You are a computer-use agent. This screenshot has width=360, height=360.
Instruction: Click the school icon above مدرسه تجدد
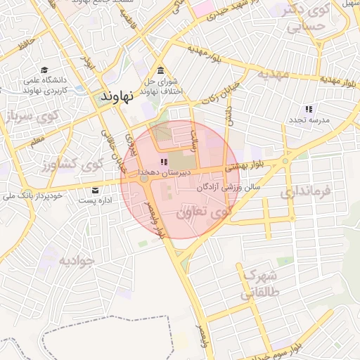point(308,109)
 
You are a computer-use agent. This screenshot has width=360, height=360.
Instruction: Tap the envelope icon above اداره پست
point(96,190)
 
